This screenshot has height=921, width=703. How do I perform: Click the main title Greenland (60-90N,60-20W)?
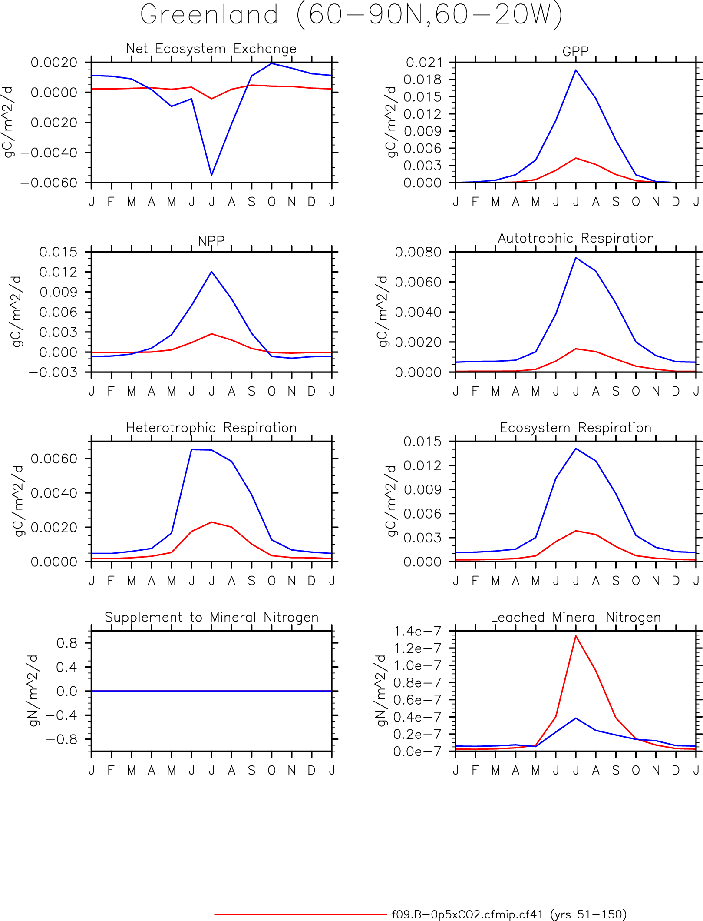pyautogui.click(x=351, y=16)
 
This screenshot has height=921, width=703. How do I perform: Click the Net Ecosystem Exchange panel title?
pyautogui.click(x=211, y=49)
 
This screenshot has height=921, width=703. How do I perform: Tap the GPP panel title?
pyautogui.click(x=575, y=51)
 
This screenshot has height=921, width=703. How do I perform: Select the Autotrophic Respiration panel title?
pyautogui.click(x=576, y=238)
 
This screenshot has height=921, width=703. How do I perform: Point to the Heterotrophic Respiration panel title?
pyautogui.click(x=211, y=428)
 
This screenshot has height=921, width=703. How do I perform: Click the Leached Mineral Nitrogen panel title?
pyautogui.click(x=576, y=617)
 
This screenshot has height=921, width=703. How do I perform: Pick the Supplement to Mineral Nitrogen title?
pyautogui.click(x=211, y=617)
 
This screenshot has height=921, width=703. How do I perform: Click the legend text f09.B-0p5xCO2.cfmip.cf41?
pyautogui.click(x=467, y=914)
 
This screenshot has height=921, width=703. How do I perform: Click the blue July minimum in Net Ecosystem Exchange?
pyautogui.click(x=211, y=175)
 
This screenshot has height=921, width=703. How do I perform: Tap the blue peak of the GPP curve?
pyautogui.click(x=576, y=70)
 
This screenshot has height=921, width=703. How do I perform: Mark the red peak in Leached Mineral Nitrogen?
pyautogui.click(x=576, y=636)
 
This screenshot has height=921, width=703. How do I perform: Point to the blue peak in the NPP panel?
pyautogui.click(x=211, y=272)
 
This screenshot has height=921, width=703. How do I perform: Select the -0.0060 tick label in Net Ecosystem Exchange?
pyautogui.click(x=49, y=183)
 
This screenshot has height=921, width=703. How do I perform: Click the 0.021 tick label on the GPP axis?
pyautogui.click(x=423, y=63)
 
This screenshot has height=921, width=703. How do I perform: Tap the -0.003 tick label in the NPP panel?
pyautogui.click(x=53, y=372)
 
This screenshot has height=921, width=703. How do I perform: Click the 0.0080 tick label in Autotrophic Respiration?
pyautogui.click(x=418, y=252)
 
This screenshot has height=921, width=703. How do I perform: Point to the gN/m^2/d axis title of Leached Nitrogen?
pyautogui.click(x=381, y=691)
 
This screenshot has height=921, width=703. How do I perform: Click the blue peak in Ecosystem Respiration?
pyautogui.click(x=576, y=449)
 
